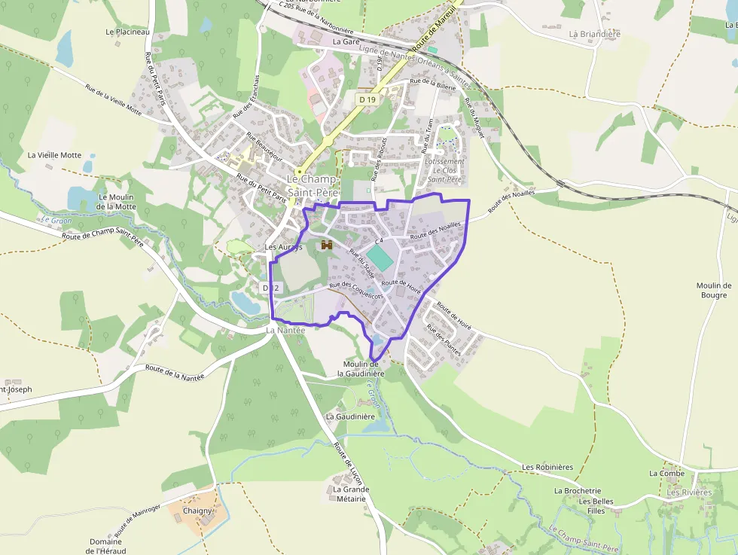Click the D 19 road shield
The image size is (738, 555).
click(x=367, y=99)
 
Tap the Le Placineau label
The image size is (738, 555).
click(x=128, y=32)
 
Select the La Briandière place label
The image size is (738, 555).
click(x=594, y=34)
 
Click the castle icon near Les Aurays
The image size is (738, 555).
click(x=327, y=245)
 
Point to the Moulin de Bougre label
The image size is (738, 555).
click(x=714, y=290)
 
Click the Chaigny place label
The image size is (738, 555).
click(x=198, y=511)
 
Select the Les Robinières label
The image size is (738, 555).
click(x=547, y=467)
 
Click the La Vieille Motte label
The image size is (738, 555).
click(x=54, y=155)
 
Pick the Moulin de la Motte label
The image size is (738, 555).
click(x=117, y=202)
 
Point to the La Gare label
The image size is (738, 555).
click(x=346, y=42)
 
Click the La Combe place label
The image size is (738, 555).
click(x=666, y=473)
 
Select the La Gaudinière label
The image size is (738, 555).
click(x=350, y=416)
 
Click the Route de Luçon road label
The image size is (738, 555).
click(x=348, y=466)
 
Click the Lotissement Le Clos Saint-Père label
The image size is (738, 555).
click(x=444, y=170)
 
